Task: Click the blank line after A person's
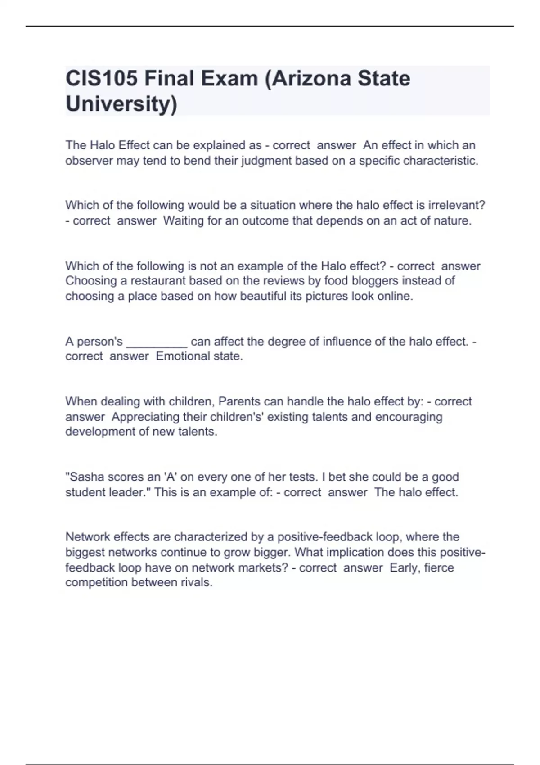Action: pyautogui.click(x=157, y=342)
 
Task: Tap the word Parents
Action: pyautogui.click(x=239, y=401)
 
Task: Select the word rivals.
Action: pyautogui.click(x=196, y=582)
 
